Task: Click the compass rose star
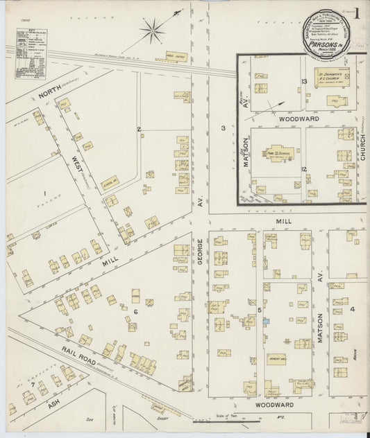pyautogui.click(x=151, y=30)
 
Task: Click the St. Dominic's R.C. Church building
pyautogui.click(x=332, y=76)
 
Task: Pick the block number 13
pyautogui.click(x=304, y=82)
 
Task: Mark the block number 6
pyautogui.click(x=135, y=311)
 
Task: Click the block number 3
pyautogui.click(x=223, y=128)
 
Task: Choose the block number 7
pyautogui.click(x=32, y=383)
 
